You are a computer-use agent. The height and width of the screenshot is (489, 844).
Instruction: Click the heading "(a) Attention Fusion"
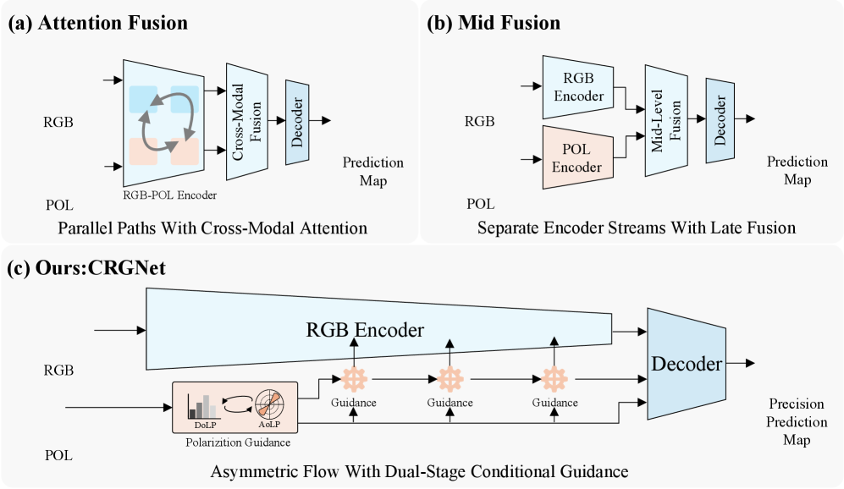point(98,23)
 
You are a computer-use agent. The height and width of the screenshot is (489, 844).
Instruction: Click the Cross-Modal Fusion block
point(247,119)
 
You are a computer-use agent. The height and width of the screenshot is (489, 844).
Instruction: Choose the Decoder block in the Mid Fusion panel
point(720,121)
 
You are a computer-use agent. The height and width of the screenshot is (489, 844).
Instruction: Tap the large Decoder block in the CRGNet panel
point(686,365)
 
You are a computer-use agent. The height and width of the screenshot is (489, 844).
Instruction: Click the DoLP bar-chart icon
point(203,404)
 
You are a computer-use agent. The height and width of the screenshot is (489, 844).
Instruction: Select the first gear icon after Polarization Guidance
point(353,377)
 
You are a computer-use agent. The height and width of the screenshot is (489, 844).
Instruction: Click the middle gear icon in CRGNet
point(449,377)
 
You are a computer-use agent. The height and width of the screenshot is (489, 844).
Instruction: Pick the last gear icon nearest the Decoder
point(554,377)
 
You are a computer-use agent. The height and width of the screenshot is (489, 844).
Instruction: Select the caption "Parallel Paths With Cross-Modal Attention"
point(212,228)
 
